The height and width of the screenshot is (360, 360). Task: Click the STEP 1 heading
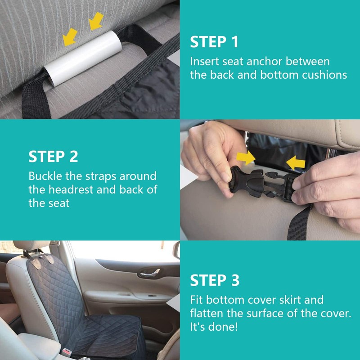[214, 42]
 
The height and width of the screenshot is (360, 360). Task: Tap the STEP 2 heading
[53, 157]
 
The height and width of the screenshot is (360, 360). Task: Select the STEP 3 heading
[215, 280]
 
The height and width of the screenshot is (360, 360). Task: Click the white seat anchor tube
[83, 58]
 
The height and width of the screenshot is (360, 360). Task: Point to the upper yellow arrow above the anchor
[96, 21]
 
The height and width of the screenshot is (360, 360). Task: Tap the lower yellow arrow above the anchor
[70, 37]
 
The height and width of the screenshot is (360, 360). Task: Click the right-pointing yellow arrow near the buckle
[246, 158]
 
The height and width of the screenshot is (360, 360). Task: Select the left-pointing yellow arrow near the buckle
[296, 163]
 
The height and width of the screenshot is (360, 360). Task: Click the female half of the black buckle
[246, 182]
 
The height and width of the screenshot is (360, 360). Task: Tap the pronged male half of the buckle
[281, 185]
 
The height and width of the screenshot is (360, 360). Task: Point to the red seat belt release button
[66, 351]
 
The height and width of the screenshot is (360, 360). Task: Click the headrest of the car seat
[31, 245]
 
